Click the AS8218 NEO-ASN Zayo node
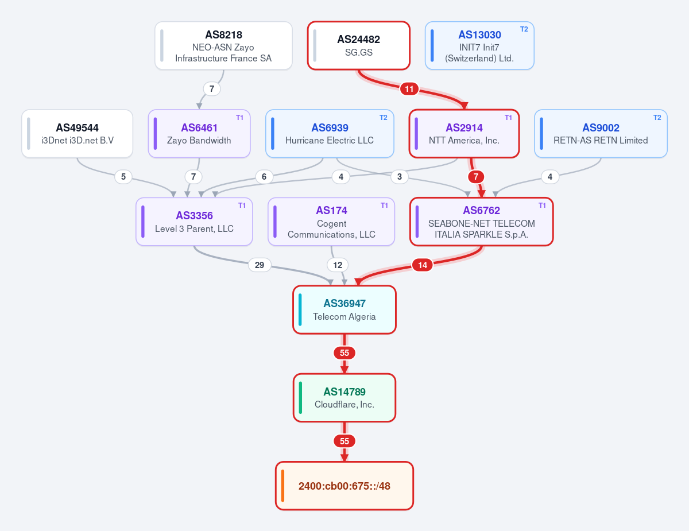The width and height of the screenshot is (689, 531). tap(223, 46)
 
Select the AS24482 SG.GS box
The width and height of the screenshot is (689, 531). tap(359, 46)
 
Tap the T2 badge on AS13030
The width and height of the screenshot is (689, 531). tap(524, 29)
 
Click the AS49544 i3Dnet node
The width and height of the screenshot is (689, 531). tap(77, 133)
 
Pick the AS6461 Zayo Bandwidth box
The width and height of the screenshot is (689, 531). tap(199, 133)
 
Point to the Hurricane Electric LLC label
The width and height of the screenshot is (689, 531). tap(330, 141)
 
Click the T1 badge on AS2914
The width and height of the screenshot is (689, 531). tap(508, 118)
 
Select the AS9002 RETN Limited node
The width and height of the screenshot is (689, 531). tap(601, 133)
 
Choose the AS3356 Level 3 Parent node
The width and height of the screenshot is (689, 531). tap(195, 222)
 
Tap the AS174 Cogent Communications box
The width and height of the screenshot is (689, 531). tap(331, 222)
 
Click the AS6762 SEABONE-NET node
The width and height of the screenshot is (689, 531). tap(481, 222)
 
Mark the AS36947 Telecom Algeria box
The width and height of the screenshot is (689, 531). tap(344, 310)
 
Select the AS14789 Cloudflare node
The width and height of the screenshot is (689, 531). tap(344, 398)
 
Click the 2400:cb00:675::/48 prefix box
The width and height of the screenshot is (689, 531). tap(344, 486)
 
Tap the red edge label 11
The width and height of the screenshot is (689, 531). tap(409, 89)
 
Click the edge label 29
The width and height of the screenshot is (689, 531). tap(260, 265)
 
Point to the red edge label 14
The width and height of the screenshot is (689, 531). tap(423, 265)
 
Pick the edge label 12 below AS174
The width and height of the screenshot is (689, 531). tap(338, 265)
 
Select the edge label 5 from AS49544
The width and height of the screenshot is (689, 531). tap(123, 177)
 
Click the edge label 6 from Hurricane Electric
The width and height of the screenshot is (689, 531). tap(264, 177)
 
